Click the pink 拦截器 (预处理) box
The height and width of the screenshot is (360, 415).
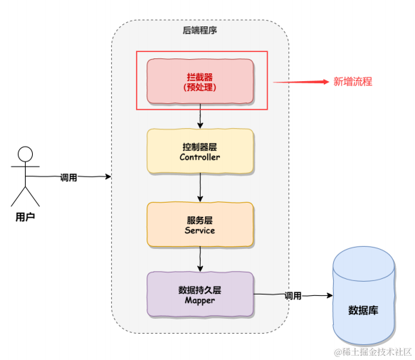[200, 80]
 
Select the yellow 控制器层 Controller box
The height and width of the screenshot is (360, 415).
[200, 151]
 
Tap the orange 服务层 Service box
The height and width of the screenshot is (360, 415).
[200, 224]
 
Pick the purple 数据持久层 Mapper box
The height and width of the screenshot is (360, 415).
[200, 295]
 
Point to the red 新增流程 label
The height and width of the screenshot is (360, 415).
[353, 82]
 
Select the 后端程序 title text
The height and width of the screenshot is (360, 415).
[200, 31]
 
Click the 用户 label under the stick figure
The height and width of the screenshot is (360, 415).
[25, 216]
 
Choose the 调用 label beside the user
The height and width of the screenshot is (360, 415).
[69, 176]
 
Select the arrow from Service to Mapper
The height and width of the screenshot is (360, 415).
[200, 259]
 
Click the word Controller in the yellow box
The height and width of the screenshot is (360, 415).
[200, 157]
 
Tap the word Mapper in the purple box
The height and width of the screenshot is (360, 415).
[200, 300]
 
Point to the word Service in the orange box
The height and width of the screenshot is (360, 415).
[200, 231]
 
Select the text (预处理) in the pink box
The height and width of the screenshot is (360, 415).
[200, 88]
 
